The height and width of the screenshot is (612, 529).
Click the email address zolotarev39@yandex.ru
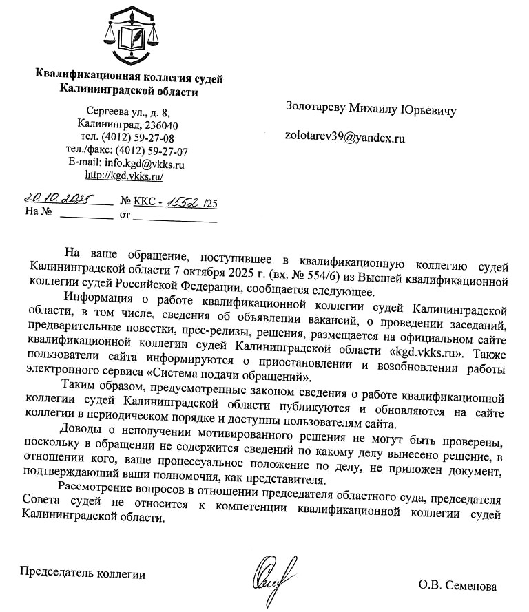(x=345, y=138)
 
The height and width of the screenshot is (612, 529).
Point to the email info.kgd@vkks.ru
(x=145, y=164)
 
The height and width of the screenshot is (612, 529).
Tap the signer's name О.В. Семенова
(x=457, y=587)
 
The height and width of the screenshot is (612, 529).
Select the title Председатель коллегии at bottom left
(x=83, y=573)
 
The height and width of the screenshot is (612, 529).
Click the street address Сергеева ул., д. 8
(x=128, y=112)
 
